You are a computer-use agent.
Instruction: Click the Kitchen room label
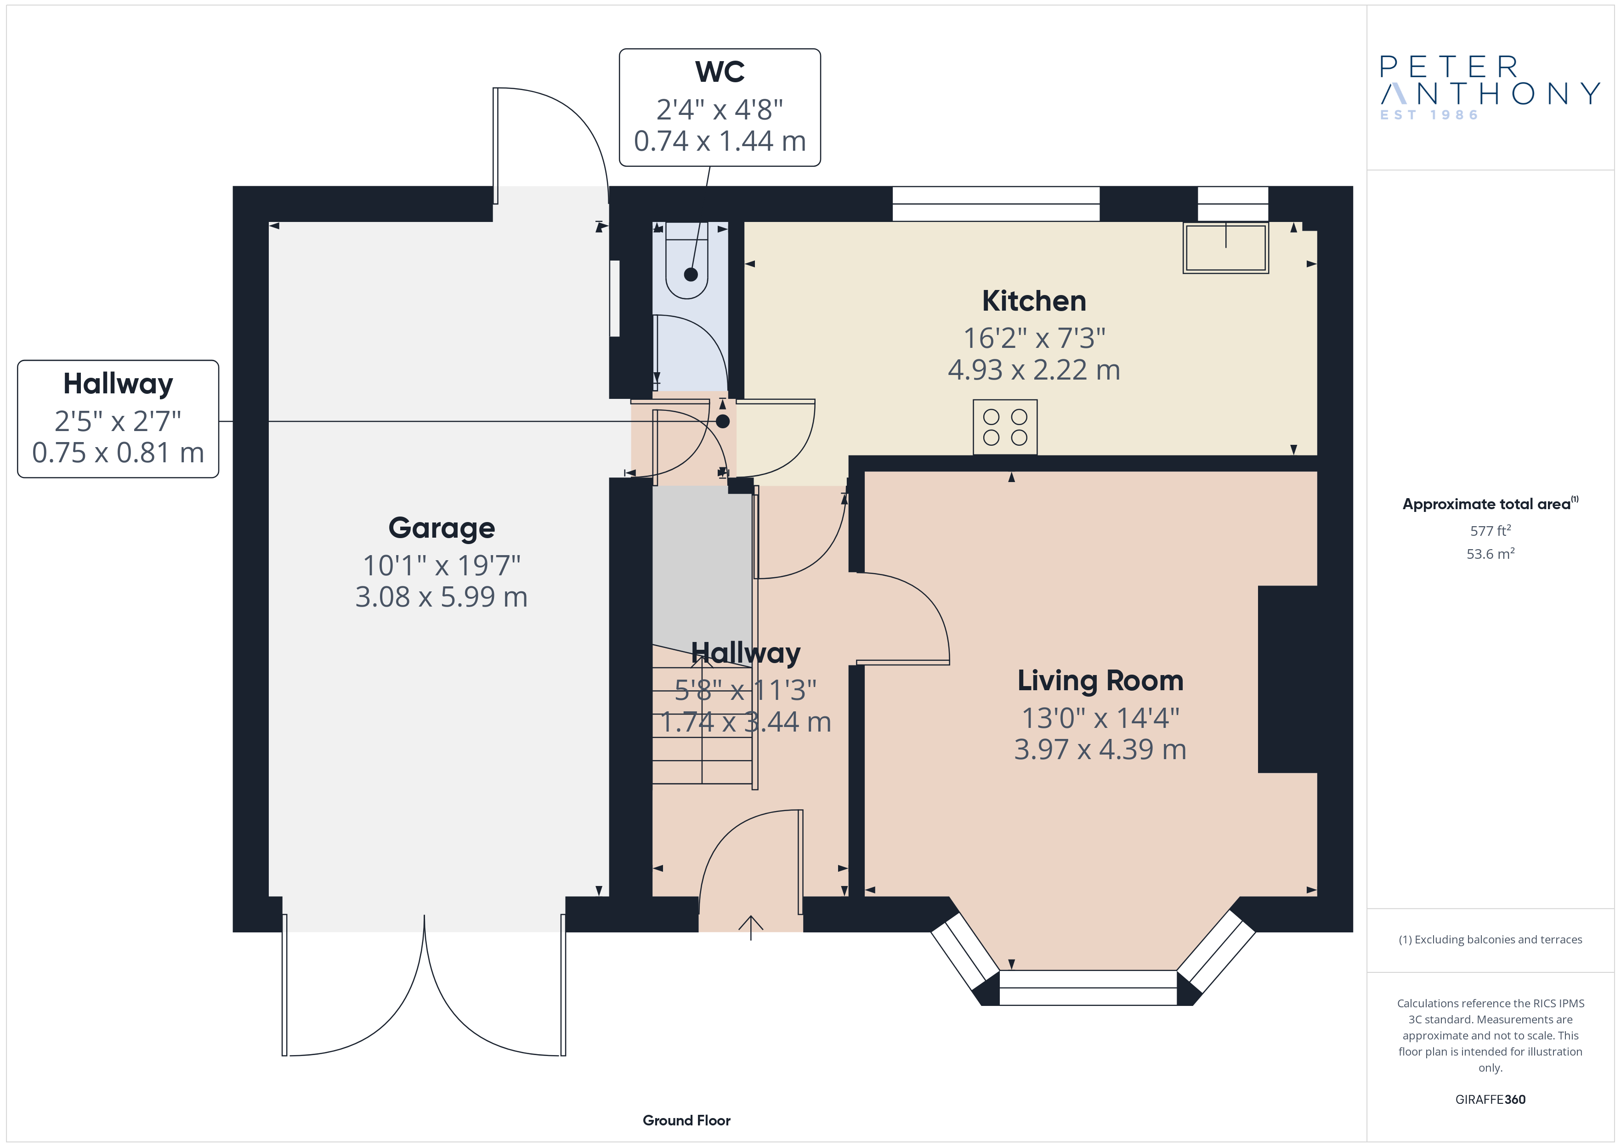(x=1034, y=301)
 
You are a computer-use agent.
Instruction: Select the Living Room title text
(x=1100, y=680)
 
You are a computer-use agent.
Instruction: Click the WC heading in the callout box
(x=720, y=71)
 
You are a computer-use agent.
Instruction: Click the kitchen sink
(x=1226, y=247)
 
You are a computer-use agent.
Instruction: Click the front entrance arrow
(x=750, y=927)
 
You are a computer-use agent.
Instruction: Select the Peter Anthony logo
(x=1490, y=88)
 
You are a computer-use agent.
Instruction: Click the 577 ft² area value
(x=1491, y=530)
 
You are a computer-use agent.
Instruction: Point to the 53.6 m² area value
(x=1491, y=554)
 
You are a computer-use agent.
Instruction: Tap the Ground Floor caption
(x=686, y=1120)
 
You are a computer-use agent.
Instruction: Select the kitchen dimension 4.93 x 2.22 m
(x=1034, y=370)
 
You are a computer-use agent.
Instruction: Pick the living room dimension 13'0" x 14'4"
(x=1100, y=718)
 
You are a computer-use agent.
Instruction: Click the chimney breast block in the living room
(x=1287, y=680)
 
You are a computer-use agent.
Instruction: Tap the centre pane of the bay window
(x=1088, y=988)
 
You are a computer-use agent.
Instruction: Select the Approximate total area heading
(x=1490, y=504)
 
